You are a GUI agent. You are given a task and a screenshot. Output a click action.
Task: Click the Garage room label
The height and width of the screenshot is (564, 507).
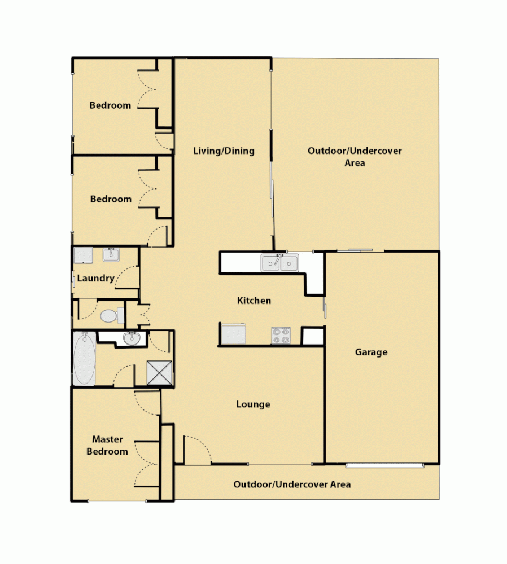[371, 352]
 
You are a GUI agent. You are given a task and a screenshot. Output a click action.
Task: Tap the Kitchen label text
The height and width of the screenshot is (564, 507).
[253, 301]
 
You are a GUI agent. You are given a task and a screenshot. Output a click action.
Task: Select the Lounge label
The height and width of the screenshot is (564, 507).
[253, 404]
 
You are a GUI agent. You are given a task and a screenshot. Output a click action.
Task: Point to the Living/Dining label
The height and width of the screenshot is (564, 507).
[224, 151]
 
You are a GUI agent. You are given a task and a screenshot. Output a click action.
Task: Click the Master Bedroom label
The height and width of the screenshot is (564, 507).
[111, 445]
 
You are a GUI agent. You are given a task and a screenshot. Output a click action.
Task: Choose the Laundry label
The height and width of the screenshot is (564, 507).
[95, 278]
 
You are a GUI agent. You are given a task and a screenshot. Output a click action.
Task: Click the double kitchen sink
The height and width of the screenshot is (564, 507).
[279, 263]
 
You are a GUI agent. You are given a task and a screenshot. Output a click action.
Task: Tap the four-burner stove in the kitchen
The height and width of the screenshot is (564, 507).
[281, 336]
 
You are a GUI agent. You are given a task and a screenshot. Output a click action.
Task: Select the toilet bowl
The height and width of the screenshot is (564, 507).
[109, 316]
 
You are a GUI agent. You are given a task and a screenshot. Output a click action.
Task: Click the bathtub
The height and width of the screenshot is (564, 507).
[84, 359]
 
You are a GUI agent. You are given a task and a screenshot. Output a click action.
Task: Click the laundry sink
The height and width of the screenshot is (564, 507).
[111, 254]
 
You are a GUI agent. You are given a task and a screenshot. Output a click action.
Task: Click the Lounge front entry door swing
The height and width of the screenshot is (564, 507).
[196, 450]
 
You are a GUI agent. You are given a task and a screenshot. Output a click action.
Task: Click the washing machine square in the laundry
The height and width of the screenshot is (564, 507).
[84, 255]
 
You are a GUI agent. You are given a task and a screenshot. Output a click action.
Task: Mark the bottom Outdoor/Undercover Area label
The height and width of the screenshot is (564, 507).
[292, 484]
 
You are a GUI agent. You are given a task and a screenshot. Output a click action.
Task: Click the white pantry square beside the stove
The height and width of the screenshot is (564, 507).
[312, 336]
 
